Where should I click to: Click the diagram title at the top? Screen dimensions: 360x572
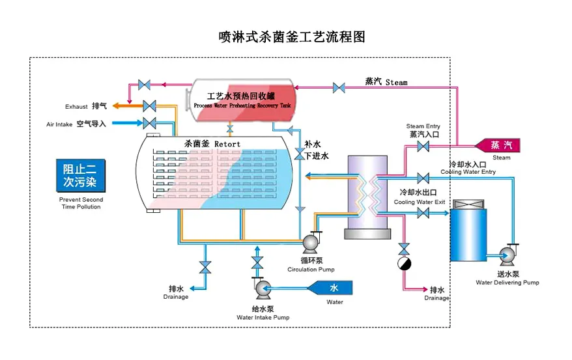coord(292,36)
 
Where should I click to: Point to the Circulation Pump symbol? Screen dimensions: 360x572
coord(309,243)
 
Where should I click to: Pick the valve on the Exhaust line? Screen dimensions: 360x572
coord(149,105)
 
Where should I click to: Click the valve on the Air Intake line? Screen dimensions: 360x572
coord(149,123)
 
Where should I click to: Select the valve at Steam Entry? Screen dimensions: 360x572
coord(423,146)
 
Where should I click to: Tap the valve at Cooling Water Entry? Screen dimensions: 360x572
coord(423,178)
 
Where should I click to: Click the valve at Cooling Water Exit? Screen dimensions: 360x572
coord(423,212)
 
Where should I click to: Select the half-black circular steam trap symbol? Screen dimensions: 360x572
coord(404,263)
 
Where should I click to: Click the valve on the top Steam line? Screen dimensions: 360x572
coord(339,87)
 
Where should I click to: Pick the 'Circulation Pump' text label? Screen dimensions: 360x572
coord(311,269)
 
